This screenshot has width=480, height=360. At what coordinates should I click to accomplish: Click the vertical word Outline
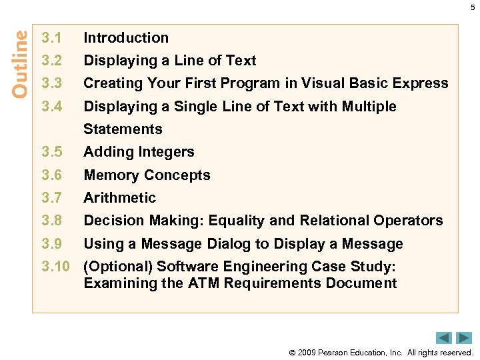coord(20,63)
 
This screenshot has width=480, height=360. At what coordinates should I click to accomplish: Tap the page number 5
coord(473,7)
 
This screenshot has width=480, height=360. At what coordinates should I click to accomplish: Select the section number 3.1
coord(51,38)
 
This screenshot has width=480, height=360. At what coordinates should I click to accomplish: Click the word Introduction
coord(126,38)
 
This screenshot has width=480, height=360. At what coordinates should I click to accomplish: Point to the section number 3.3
coord(51,83)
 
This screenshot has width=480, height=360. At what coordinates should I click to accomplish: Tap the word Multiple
coord(369,107)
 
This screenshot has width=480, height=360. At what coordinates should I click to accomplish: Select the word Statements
coord(123,129)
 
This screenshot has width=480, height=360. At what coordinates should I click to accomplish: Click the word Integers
coord(167,152)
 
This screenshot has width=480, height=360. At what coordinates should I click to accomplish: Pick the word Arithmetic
coord(119,198)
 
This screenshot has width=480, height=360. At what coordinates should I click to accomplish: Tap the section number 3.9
coord(51,244)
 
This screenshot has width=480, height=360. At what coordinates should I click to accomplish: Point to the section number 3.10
coord(55,267)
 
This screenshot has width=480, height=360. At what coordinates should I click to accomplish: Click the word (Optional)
coord(117,267)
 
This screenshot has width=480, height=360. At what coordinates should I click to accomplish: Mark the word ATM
coord(203,283)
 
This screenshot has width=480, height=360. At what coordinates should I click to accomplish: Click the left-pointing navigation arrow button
coord(444,338)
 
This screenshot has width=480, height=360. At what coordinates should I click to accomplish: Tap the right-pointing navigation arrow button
coord(464,338)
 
